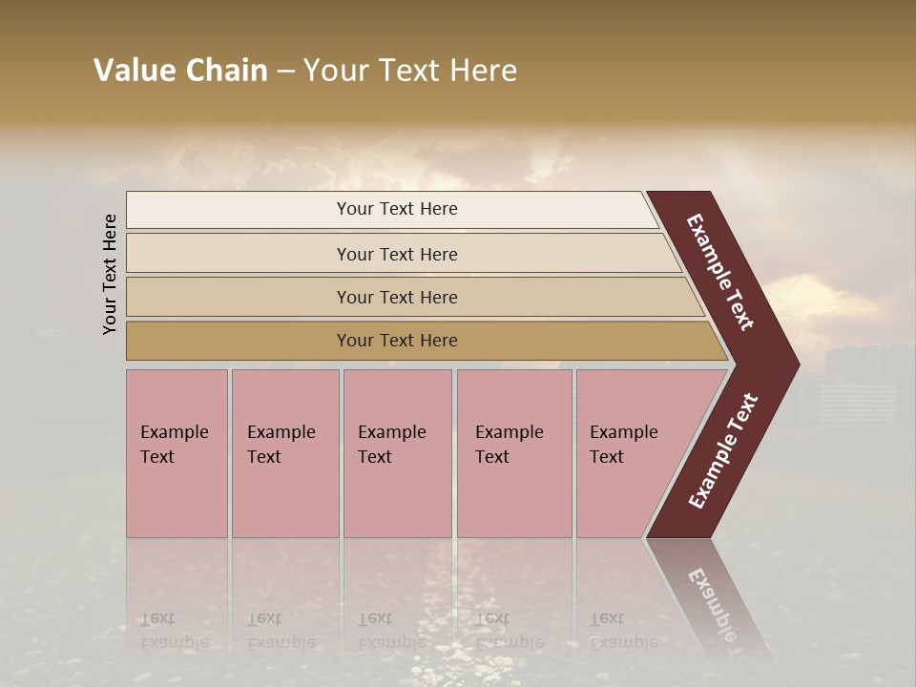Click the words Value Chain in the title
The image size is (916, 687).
180,71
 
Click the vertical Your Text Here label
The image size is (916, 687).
110,274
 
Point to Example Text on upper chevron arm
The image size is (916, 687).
720,272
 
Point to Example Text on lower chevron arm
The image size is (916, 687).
723,451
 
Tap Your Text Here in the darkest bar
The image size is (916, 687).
397,341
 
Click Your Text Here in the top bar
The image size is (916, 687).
397,209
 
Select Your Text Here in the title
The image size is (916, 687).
410,71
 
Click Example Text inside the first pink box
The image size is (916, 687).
174,444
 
